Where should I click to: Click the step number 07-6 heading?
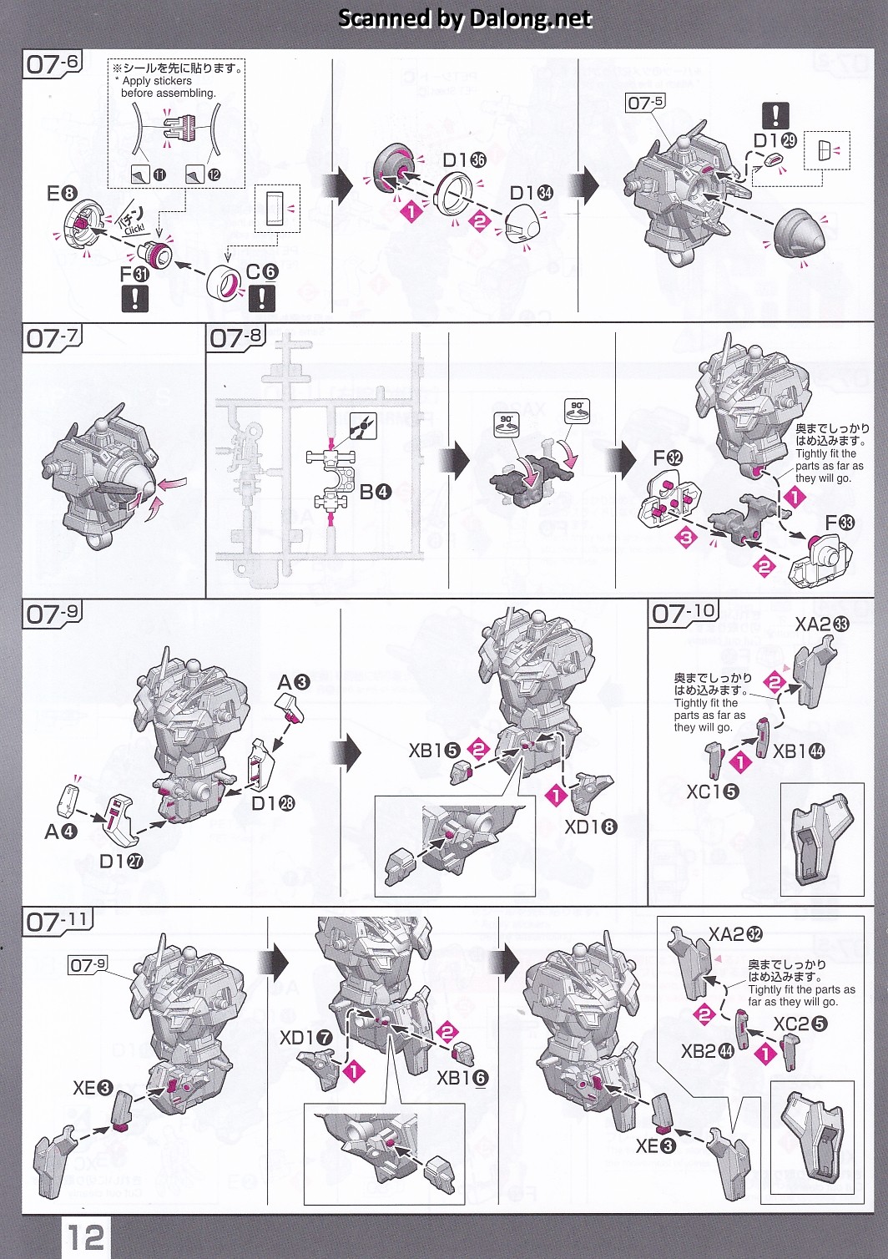pyautogui.click(x=53, y=63)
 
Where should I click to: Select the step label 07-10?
pyautogui.click(x=684, y=613)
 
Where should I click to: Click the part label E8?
pyautogui.click(x=61, y=194)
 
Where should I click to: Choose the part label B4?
pyautogui.click(x=376, y=493)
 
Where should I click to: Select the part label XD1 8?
pyautogui.click(x=591, y=827)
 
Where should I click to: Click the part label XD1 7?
pyautogui.click(x=306, y=1038)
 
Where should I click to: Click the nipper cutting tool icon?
pyautogui.click(x=362, y=426)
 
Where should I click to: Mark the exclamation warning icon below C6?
pyautogui.click(x=261, y=298)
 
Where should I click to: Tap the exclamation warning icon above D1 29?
pyautogui.click(x=775, y=116)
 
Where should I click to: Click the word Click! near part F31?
pyautogui.click(x=134, y=229)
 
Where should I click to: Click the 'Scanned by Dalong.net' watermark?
pyautogui.click(x=465, y=18)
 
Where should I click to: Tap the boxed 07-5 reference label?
pyautogui.click(x=645, y=103)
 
